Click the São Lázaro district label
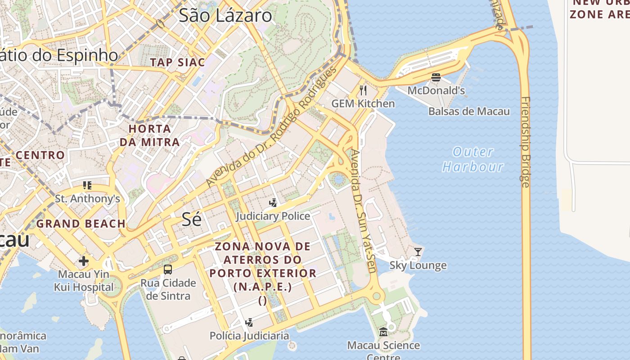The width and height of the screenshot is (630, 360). [x=225, y=16]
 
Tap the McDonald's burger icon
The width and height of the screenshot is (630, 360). [x=436, y=77]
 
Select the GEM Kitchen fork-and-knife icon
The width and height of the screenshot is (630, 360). [x=363, y=90]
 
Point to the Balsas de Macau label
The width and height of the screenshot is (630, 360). [x=469, y=112]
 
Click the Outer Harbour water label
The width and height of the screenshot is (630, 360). [x=472, y=159]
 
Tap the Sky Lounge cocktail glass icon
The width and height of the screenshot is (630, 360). [x=418, y=252]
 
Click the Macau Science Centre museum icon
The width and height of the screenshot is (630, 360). [x=383, y=332]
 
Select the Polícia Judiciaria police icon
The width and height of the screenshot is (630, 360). [x=249, y=323]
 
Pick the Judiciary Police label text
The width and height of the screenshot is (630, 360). [x=273, y=216]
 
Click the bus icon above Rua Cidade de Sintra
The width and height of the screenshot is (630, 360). [x=168, y=270]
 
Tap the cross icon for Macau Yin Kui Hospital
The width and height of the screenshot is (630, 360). [x=84, y=261]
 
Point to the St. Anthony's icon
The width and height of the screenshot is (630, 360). [x=87, y=185]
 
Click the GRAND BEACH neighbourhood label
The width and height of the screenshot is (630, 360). [x=81, y=224]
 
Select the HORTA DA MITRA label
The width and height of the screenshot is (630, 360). [x=150, y=135]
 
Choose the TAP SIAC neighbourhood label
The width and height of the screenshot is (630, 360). [x=177, y=63]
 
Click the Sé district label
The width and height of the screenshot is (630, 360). [x=191, y=219]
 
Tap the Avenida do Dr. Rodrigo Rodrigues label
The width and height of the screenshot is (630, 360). [x=271, y=127]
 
